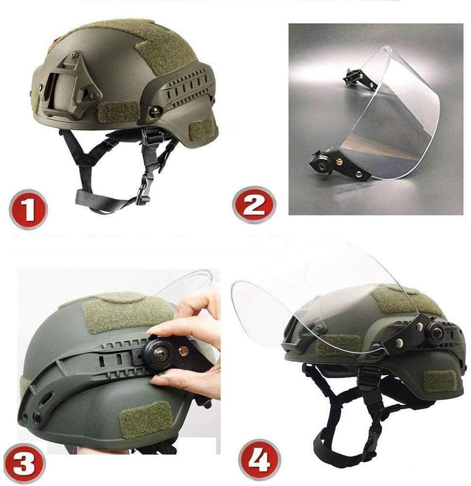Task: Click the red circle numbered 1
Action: tap(28, 209)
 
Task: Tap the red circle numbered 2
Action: tap(254, 204)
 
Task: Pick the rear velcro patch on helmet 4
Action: tap(439, 380)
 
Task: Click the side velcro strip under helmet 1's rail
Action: tap(119, 111)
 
